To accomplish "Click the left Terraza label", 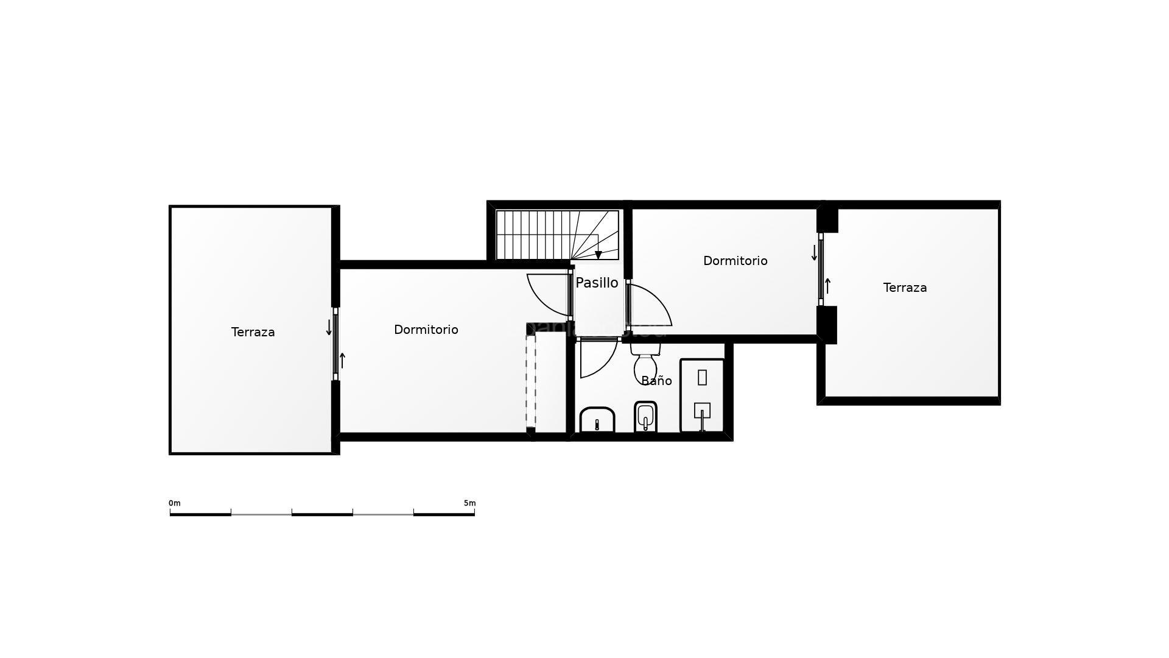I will pos(253,332).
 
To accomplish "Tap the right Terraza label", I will pos(905,288).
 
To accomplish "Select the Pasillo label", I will pos(597,283).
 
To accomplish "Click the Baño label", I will pos(656,381).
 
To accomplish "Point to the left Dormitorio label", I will pos(426,330).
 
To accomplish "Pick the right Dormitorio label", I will pos(735,261).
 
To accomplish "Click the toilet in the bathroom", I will pos(645,363).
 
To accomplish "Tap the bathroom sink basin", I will pos(597,420).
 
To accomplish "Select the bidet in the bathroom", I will pos(645,417).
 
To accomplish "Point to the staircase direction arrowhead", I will pos(599,255).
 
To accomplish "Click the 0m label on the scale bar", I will pos(175,503).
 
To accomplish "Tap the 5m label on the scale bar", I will pos(469,503).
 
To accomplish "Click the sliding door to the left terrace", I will pos(335,344).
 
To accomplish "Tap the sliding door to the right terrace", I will pos(821,269).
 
